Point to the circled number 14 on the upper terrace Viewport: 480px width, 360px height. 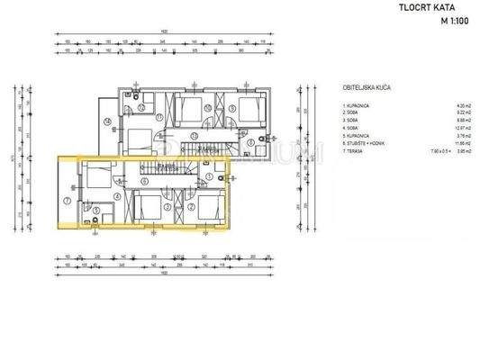tap(107, 121)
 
